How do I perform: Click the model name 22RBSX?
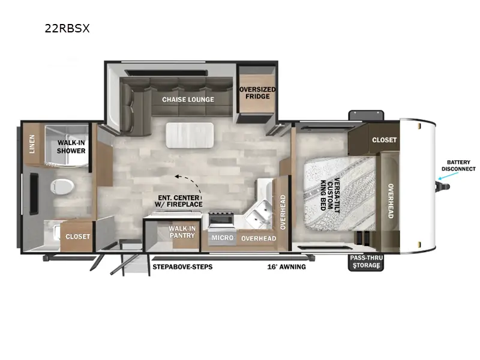pos(67,28)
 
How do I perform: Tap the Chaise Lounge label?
pos(188,100)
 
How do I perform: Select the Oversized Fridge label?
pos(257,93)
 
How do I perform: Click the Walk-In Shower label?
pos(71,146)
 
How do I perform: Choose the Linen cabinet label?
pos(32,144)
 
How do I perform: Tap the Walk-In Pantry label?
pos(182,232)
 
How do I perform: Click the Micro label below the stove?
pos(223,238)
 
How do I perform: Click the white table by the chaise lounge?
pos(190,136)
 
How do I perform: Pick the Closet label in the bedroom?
pos(384,140)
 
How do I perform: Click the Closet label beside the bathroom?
pos(78,236)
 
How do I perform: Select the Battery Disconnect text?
pos(458,166)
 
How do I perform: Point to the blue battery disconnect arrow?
pos(448,176)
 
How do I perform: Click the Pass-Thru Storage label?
pos(366,262)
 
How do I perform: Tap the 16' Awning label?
pos(287,267)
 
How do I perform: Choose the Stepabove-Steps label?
pos(182,267)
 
